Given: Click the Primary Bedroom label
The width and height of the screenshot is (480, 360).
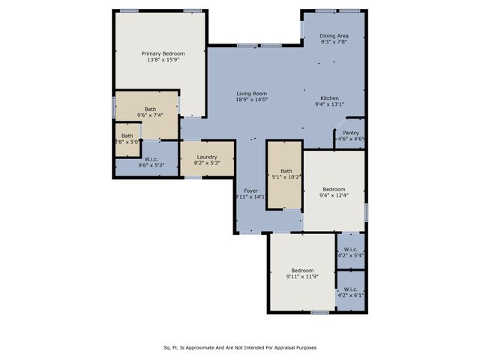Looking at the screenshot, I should [163, 53].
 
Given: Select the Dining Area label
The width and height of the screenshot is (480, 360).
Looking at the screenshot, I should [334, 36].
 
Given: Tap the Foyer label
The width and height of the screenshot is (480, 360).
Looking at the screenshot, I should [251, 191].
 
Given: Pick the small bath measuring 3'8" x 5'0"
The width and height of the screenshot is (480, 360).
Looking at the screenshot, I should [127, 139].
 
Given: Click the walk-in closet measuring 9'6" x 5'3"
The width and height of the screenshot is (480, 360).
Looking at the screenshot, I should [151, 161].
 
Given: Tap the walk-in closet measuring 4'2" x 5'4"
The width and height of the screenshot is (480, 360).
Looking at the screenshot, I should [352, 252].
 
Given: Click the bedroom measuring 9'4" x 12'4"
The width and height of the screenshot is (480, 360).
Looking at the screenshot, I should [334, 192].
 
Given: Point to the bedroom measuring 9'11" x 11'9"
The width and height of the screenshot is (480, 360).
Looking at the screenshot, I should [302, 273].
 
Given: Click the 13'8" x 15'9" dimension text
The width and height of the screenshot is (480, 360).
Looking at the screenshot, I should [163, 60].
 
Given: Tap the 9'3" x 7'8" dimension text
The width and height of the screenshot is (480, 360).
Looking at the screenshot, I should [334, 43].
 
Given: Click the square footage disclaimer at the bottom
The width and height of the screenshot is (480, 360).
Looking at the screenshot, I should [240, 347].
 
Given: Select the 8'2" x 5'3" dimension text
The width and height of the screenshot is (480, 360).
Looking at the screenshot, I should [206, 163].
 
